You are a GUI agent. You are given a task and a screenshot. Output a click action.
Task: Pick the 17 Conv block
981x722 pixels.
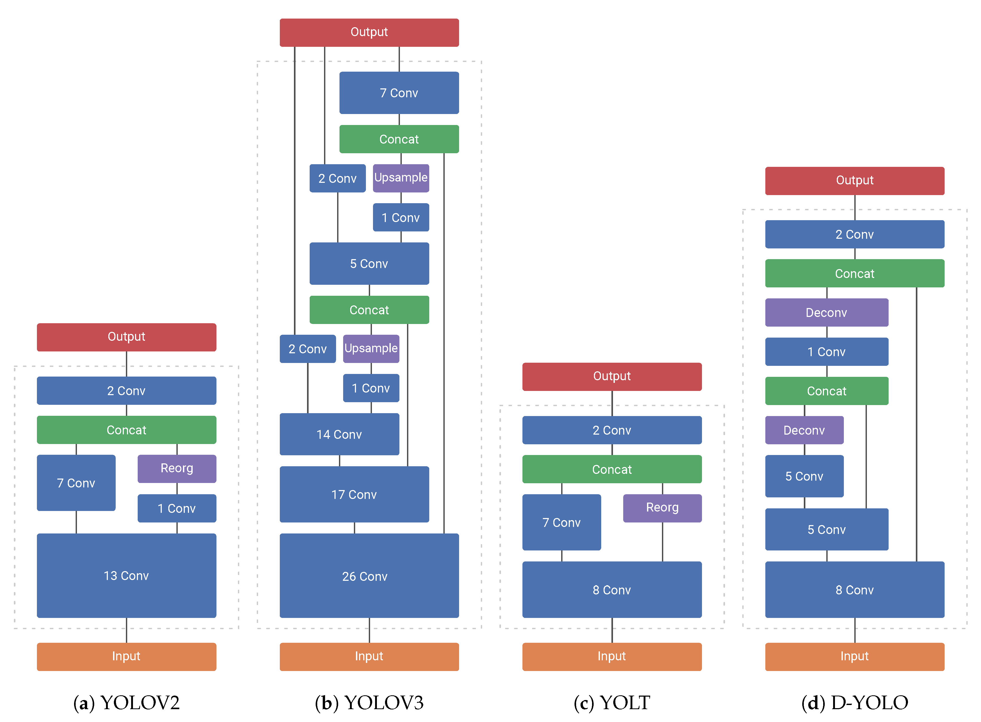pos(354,494)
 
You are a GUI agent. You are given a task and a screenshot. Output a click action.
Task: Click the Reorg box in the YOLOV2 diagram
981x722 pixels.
pos(177,468)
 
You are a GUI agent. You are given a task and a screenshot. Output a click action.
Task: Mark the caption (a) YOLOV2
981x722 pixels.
pos(126,702)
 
